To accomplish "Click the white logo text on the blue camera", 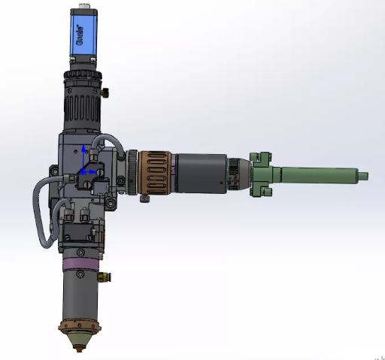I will tap(80, 39).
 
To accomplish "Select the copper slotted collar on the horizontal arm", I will tap(155, 173).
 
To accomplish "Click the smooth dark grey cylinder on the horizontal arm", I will tap(200, 173).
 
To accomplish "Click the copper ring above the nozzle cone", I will tap(80, 328).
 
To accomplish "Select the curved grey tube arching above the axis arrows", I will tap(105, 138).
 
